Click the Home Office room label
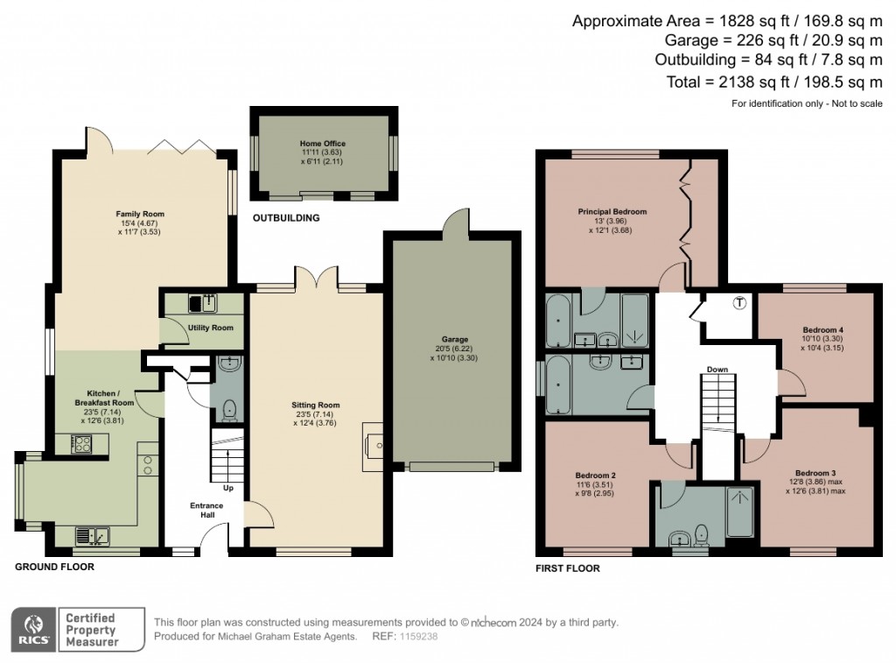pos(323,144)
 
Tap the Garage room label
pos(455,339)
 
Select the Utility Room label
pos(210,328)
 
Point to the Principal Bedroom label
pos(612,212)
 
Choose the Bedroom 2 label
pos(595,476)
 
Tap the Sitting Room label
pos(315,405)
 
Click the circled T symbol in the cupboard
pos(740,303)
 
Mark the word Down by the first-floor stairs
pos(717,370)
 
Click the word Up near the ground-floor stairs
pos(228,488)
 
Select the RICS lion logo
pos(34,630)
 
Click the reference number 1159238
pos(419,636)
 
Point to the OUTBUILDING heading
pos(286,218)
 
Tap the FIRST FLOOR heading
pos(567,568)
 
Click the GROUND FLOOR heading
pos(54,567)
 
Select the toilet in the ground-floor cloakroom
pos(229,410)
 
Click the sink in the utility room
pos(203,303)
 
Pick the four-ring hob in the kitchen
pos(81,444)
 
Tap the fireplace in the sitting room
pos(373,447)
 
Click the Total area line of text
pos(774,82)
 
